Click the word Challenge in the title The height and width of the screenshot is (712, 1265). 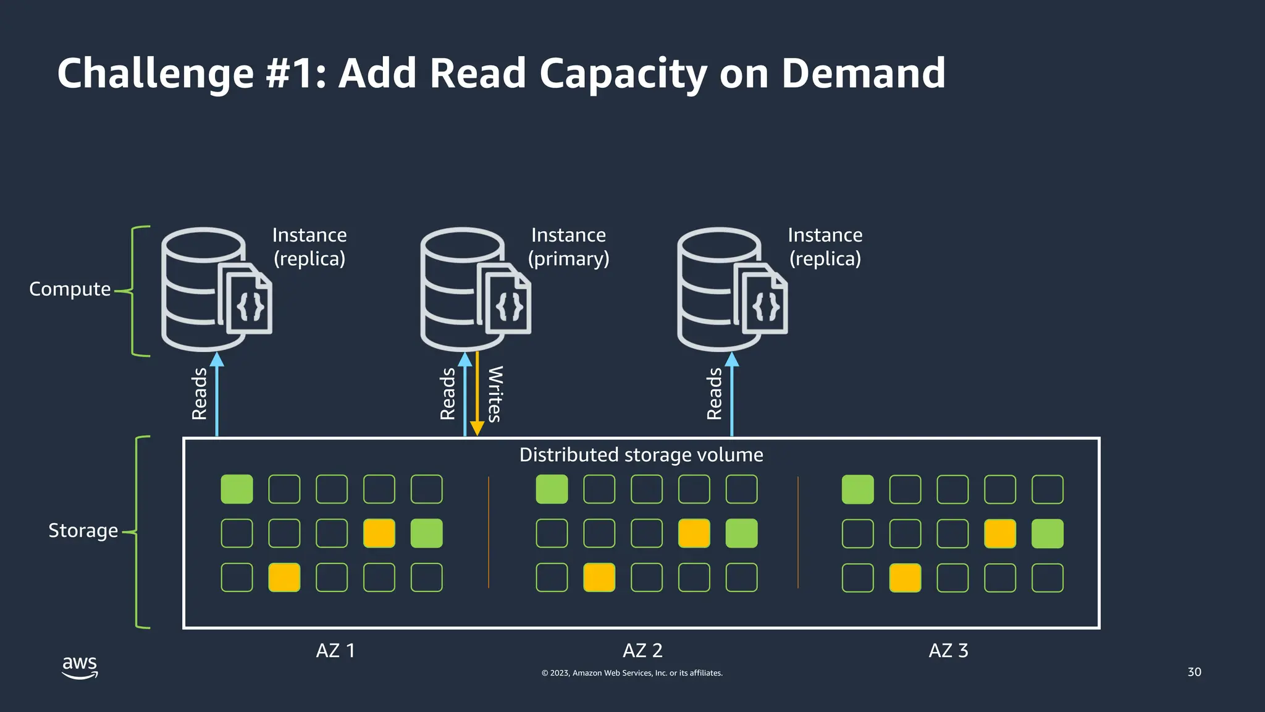pos(155,74)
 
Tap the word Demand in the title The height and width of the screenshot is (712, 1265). pos(863,74)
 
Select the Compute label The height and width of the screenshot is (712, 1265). pos(70,289)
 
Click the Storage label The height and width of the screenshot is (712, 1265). pos(83,531)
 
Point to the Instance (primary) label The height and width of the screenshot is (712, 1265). pos(568,247)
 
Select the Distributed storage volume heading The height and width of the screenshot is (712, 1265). pos(641,455)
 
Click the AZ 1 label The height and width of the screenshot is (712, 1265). pos(335,651)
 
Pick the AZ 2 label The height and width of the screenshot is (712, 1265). pos(642,651)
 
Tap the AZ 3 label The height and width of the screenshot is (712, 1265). pos(948,651)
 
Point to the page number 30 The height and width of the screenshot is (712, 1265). pos(1194,672)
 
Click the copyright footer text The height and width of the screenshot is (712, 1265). pos(632,673)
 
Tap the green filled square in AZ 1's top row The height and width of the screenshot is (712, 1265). pos(237,489)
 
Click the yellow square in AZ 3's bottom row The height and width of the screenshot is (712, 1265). pos(905,578)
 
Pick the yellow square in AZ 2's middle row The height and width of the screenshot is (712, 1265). pos(694,533)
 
